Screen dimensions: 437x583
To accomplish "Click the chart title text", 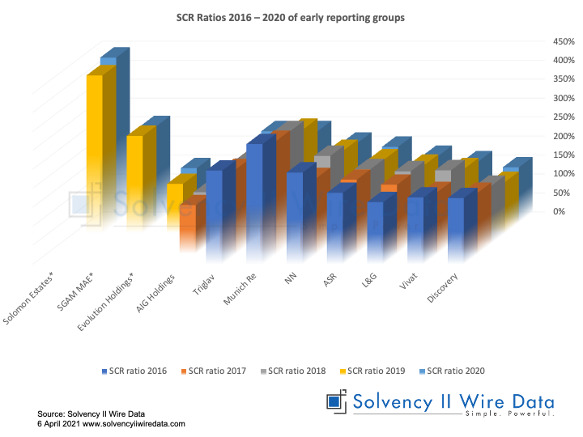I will (x=291, y=15).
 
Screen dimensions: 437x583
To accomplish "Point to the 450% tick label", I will (x=541, y=41).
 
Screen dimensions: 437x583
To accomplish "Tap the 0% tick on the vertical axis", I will (x=535, y=211).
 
